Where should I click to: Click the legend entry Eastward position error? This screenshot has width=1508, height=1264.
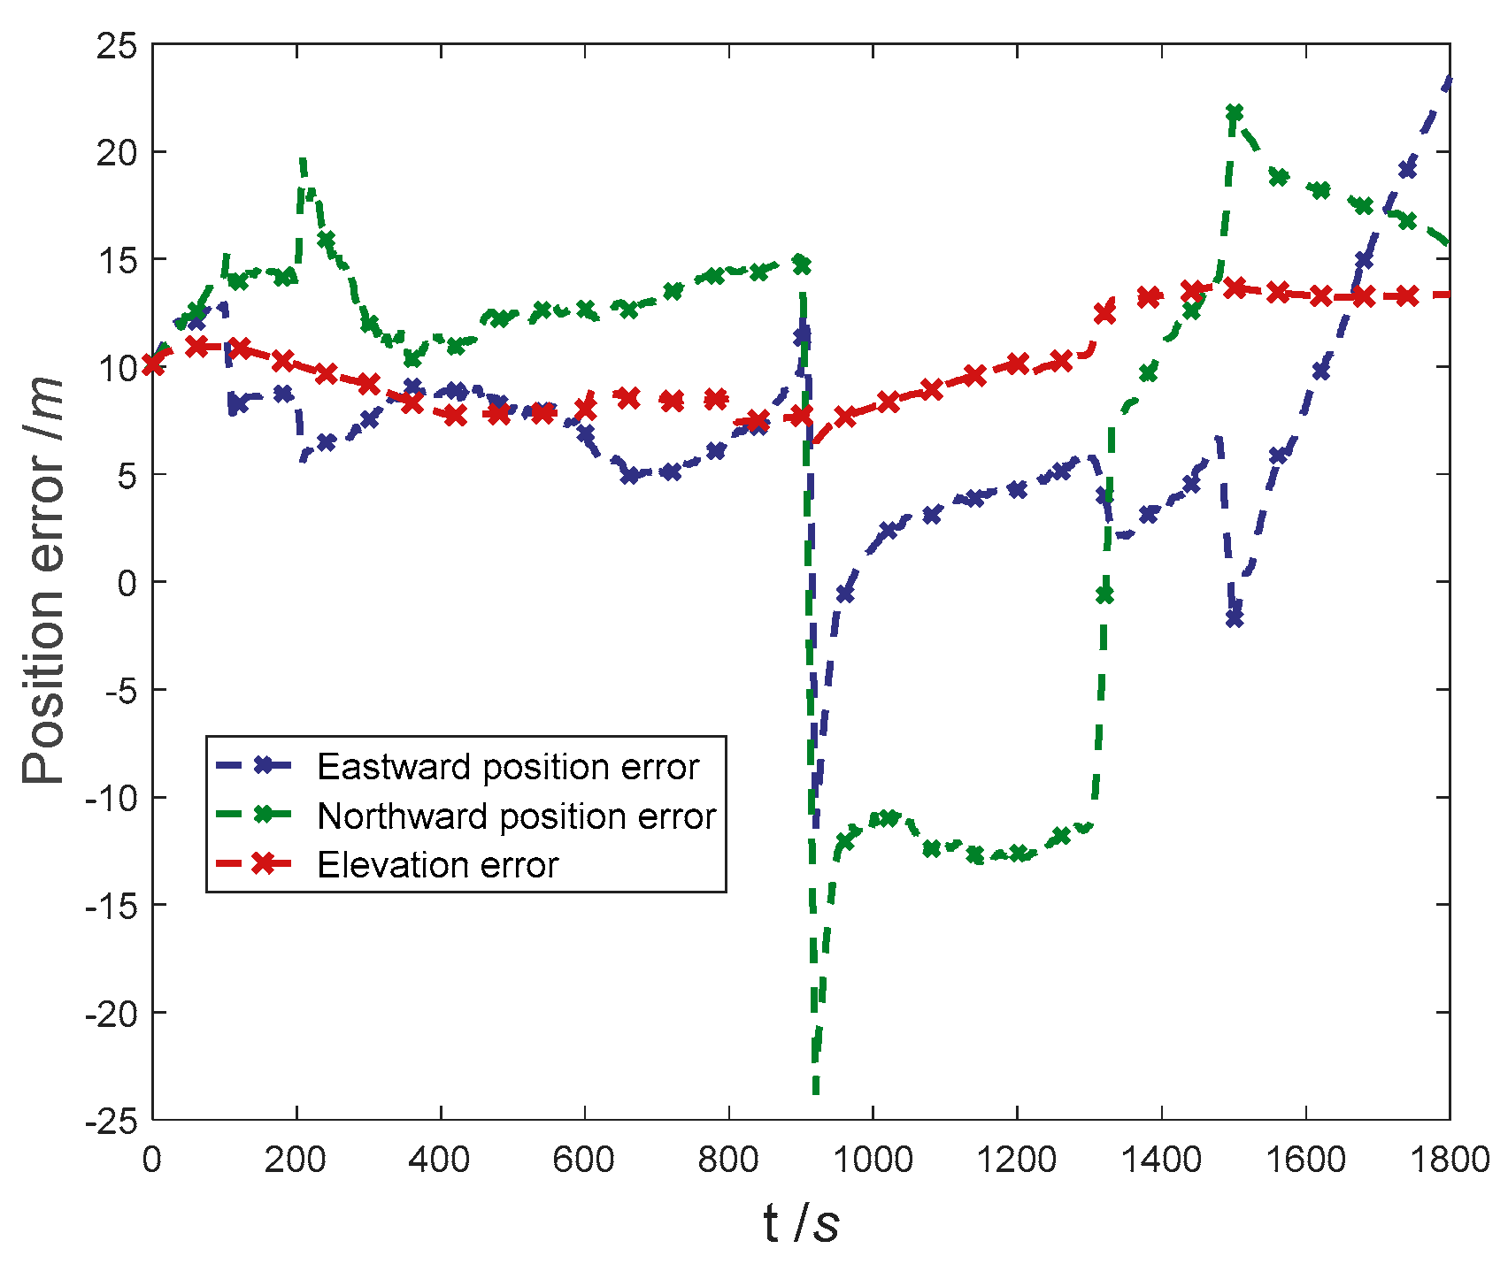(x=508, y=767)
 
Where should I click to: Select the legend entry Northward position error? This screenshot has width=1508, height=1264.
(x=516, y=816)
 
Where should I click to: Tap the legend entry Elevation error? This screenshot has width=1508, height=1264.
(x=437, y=865)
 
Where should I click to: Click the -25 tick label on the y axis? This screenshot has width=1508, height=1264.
(x=112, y=1121)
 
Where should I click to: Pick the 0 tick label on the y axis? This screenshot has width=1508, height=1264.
(x=129, y=582)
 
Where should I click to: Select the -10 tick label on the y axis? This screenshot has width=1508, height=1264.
(x=112, y=798)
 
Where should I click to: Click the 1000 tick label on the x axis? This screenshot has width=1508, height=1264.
(x=873, y=1160)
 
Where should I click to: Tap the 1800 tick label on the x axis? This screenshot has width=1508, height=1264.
(x=1449, y=1160)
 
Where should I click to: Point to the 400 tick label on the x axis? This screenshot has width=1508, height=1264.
(x=441, y=1160)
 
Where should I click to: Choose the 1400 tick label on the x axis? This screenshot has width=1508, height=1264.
(x=1160, y=1160)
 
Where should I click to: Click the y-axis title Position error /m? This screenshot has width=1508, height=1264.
(x=44, y=582)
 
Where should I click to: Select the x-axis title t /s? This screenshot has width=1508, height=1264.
(x=801, y=1225)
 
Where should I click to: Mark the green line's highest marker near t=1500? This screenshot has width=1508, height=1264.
(x=1235, y=112)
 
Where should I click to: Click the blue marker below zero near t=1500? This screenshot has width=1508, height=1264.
(x=1235, y=619)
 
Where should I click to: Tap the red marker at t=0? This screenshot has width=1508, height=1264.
(x=153, y=364)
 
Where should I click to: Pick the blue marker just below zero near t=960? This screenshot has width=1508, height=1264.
(x=845, y=594)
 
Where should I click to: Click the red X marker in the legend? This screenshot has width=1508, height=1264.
(x=263, y=864)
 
